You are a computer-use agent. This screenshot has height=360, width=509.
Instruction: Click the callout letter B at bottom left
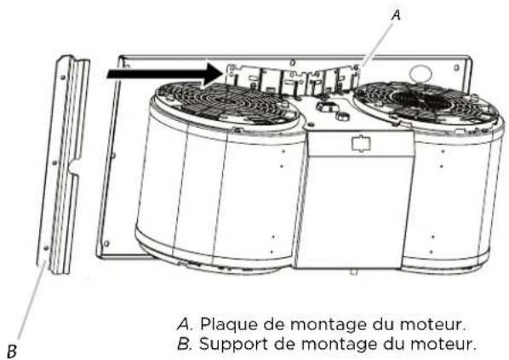(12, 348)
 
